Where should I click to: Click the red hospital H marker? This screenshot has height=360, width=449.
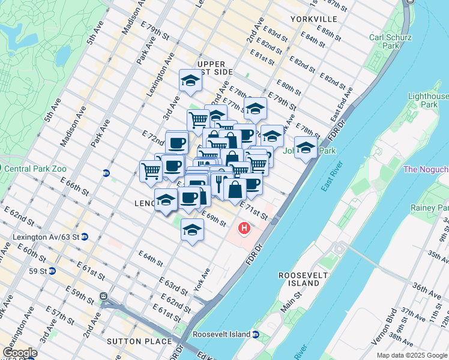click(244, 229)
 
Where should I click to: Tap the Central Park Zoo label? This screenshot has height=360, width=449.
click(36, 169)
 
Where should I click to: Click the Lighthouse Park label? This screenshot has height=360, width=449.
click(428, 100)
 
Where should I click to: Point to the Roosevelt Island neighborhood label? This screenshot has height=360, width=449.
click(298, 279)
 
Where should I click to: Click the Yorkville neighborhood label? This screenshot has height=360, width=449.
click(313, 19)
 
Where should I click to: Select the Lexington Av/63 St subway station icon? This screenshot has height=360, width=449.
click(85, 238)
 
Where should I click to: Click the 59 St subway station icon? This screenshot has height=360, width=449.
click(52, 271)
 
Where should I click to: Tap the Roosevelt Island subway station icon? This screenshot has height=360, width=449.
click(255, 335)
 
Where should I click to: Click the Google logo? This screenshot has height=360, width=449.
click(20, 353)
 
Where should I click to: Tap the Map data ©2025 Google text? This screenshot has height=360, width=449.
click(411, 355)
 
